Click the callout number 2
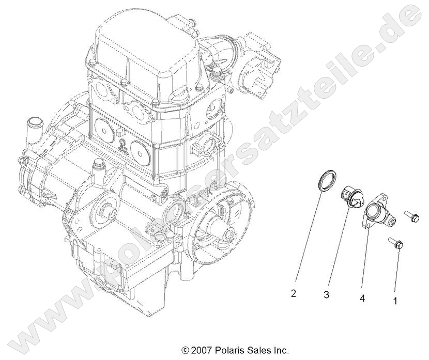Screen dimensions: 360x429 294,294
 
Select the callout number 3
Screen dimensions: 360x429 327,295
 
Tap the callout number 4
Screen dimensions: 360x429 362,298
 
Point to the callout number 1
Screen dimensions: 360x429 395,299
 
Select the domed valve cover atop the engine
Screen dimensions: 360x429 147,44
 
